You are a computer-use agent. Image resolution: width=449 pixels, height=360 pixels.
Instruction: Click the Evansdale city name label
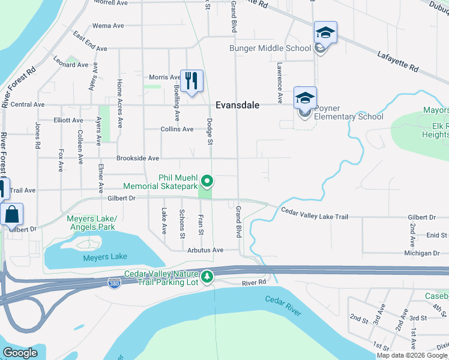tap(238, 105)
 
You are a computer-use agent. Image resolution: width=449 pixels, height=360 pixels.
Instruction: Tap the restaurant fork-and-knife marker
tap(191, 80)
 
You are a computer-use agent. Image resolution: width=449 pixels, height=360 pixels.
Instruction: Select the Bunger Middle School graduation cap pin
tap(325, 33)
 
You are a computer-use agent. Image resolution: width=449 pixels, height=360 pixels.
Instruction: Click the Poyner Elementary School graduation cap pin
tap(305, 98)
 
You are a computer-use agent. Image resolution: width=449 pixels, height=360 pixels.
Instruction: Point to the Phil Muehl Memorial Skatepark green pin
tap(207, 180)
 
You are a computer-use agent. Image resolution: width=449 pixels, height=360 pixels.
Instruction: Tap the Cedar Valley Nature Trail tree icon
tap(207, 276)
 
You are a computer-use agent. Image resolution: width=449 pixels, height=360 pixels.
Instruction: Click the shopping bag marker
tap(12, 214)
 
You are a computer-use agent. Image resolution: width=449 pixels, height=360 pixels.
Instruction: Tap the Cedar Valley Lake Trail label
tap(315, 214)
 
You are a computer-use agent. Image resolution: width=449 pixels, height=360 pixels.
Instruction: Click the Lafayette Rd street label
tap(397, 61)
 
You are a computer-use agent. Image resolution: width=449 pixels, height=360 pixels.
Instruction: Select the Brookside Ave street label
tap(137, 158)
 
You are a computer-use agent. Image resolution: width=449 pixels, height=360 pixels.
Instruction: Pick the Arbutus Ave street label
tap(205, 250)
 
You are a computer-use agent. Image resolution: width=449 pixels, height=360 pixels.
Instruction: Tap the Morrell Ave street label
tap(111, 3)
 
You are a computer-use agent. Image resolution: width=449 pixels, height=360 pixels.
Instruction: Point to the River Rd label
tap(255, 283)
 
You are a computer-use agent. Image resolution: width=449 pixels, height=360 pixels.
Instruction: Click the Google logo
tap(20, 353)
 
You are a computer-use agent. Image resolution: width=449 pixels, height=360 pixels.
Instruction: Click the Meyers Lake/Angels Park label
tap(91, 223)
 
